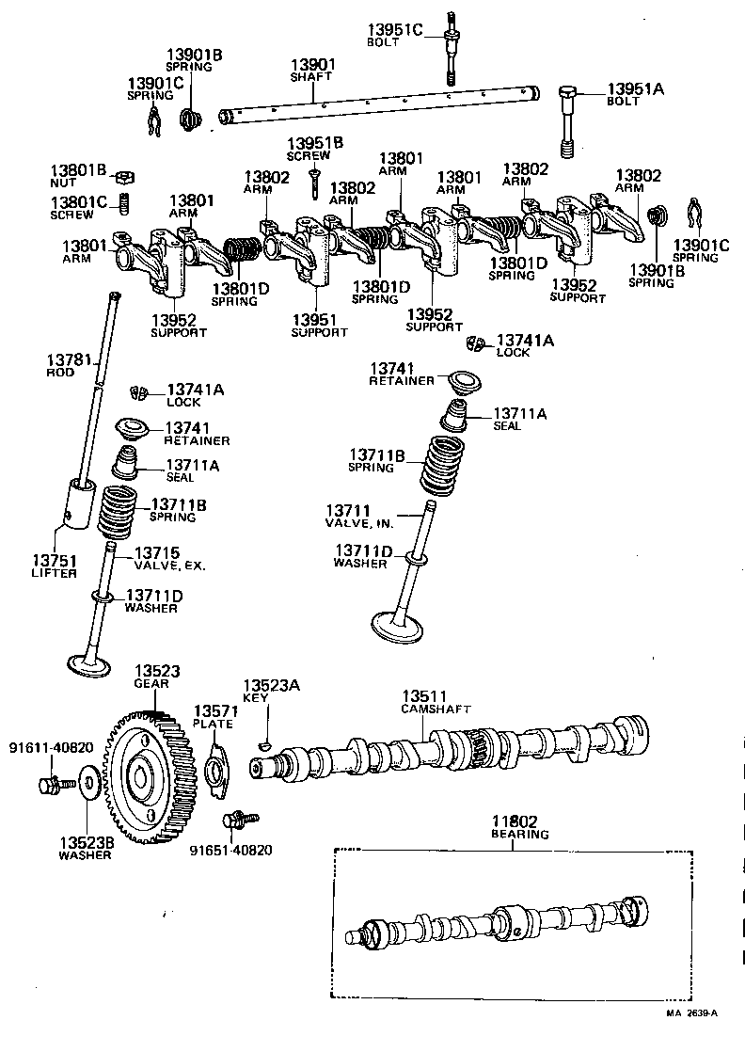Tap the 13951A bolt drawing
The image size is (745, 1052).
pos(568,122)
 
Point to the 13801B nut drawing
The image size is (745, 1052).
pos(122,175)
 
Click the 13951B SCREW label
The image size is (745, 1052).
pos(315,149)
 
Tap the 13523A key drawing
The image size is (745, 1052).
pos(264,743)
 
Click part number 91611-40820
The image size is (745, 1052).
pos(51,748)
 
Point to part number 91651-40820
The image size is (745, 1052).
pos(230,850)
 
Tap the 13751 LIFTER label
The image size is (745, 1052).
pos(53,566)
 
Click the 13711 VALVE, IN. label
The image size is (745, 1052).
pos(361,515)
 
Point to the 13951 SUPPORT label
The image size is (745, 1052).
pos(319,326)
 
